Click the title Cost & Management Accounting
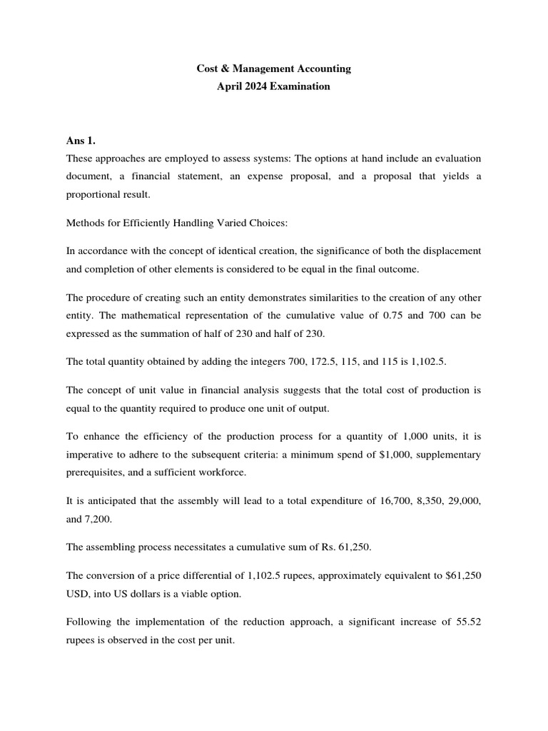(274, 69)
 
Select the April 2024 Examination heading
(274, 86)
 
